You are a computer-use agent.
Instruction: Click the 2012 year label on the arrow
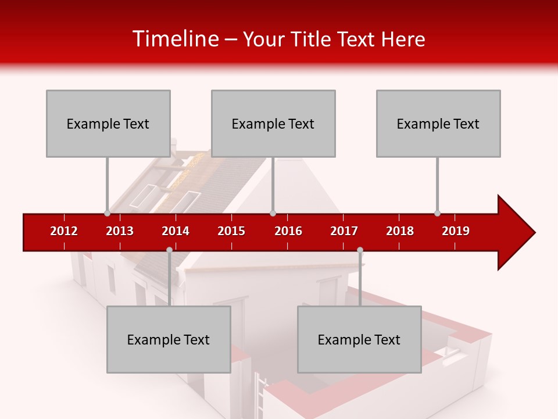tap(64, 231)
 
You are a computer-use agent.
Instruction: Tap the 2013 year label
tap(120, 231)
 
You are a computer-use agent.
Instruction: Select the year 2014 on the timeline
tap(176, 231)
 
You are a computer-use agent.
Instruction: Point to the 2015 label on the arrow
tap(231, 231)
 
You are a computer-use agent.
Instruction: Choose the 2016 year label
tap(288, 231)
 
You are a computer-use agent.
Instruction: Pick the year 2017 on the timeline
tap(344, 231)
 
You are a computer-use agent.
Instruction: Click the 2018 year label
tap(400, 231)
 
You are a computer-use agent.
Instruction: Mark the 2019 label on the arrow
tap(456, 231)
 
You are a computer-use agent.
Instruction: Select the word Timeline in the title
tap(174, 39)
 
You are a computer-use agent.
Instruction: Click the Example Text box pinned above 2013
tap(108, 123)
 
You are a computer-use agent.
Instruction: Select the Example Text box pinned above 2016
tap(273, 123)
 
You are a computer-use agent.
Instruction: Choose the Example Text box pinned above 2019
tap(438, 123)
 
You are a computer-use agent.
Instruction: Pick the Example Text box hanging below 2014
tap(169, 339)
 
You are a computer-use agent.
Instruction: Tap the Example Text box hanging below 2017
tap(359, 339)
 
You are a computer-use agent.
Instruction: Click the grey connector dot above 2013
tap(107, 213)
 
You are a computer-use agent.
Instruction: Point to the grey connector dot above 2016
tap(273, 213)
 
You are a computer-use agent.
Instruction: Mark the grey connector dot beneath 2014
tap(169, 250)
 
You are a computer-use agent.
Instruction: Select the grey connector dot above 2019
tap(437, 213)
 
